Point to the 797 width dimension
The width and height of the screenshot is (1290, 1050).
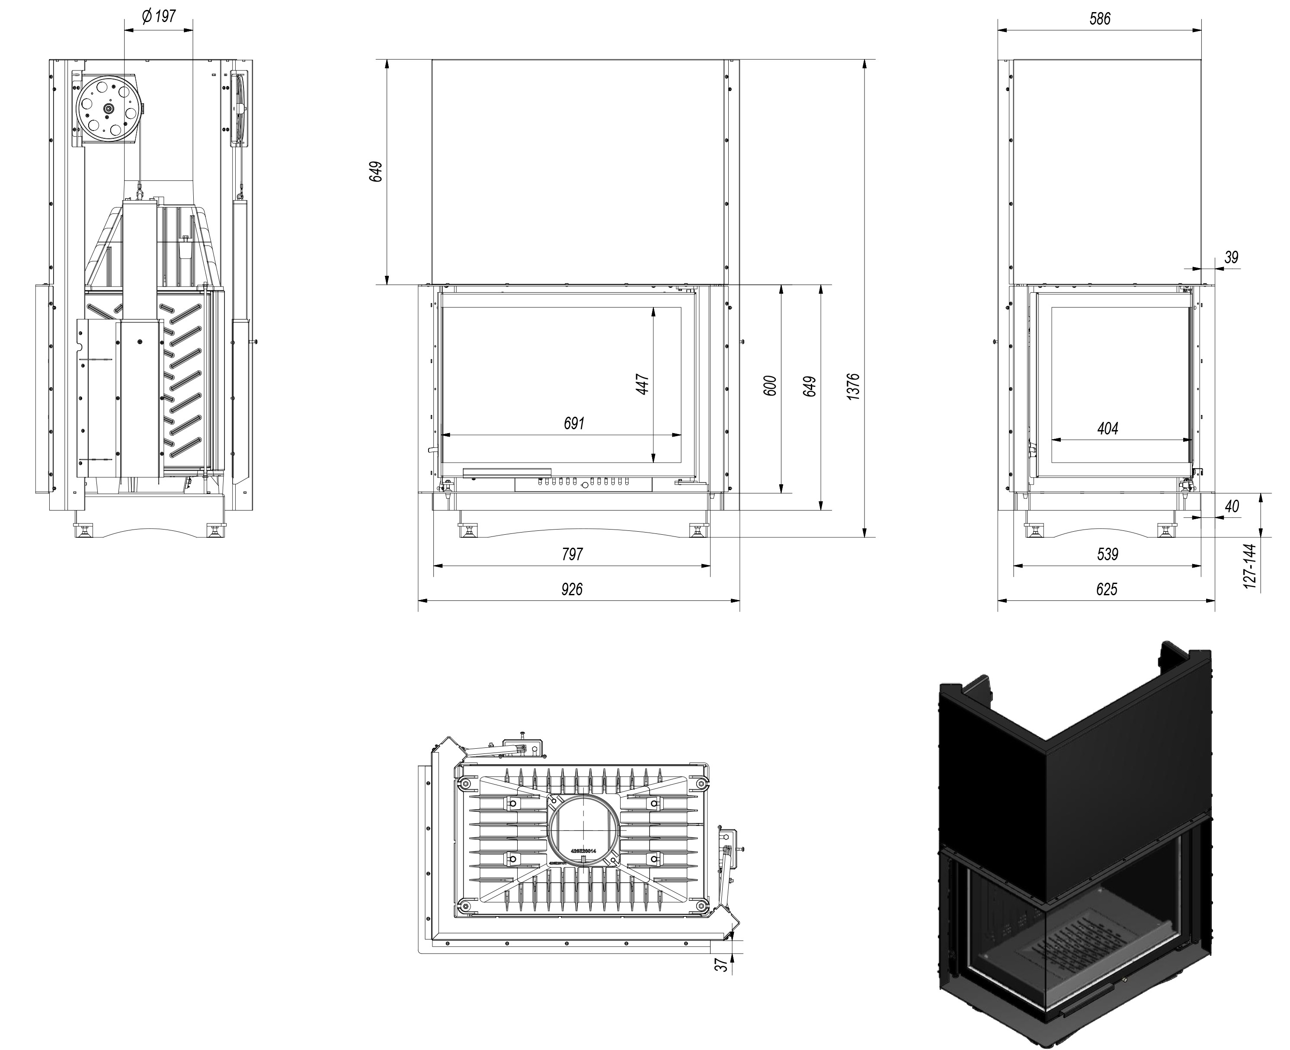click(572, 554)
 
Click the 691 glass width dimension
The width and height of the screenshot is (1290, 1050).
click(573, 423)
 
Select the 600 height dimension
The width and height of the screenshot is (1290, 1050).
click(770, 386)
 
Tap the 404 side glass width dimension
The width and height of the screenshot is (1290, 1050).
click(1107, 428)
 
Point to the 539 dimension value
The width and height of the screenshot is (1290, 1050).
click(1107, 554)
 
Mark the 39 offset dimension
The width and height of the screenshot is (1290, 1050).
click(1231, 257)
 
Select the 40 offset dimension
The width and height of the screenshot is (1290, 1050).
click(1231, 506)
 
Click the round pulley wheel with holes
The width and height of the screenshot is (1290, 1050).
click(108, 108)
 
